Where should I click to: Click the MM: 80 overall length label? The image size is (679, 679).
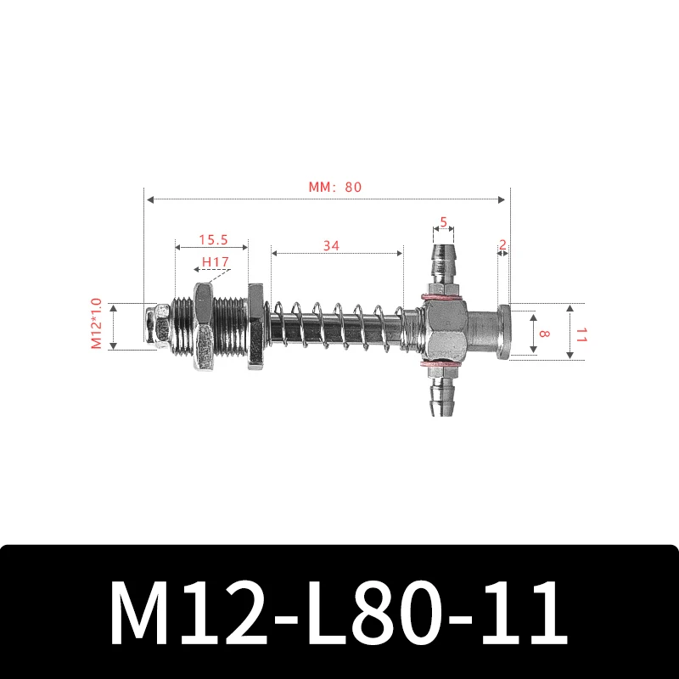click(x=329, y=187)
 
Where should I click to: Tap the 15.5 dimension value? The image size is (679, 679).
click(x=211, y=240)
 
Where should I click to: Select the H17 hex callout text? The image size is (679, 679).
click(x=215, y=262)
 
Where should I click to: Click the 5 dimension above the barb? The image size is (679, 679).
click(x=443, y=222)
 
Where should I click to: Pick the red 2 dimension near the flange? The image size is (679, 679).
click(x=503, y=245)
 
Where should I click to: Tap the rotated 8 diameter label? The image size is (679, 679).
click(x=544, y=334)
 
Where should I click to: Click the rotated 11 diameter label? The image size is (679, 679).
click(x=581, y=334)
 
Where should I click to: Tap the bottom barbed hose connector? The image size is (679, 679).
click(x=442, y=396)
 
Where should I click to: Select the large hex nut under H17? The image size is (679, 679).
click(x=205, y=327)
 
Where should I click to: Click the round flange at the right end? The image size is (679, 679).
click(x=502, y=331)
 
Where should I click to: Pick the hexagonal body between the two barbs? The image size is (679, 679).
click(x=442, y=329)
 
